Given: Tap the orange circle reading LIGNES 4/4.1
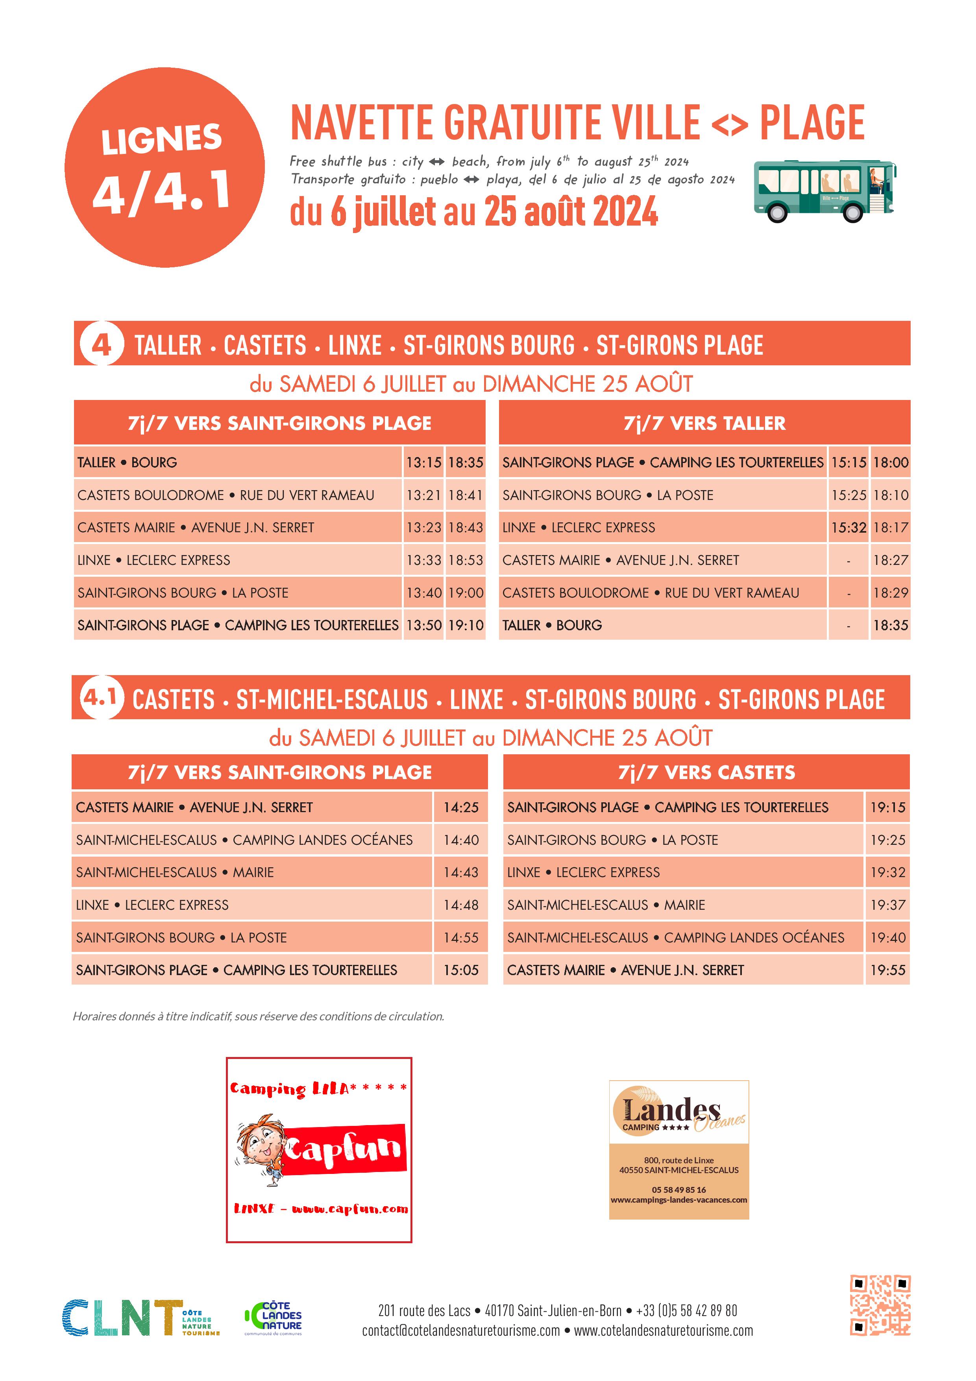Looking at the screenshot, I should (x=164, y=167).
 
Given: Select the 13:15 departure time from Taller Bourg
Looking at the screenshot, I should (x=423, y=463).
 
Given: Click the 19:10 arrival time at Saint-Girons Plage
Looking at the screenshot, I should (x=466, y=625).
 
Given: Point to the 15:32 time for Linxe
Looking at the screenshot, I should (x=848, y=528).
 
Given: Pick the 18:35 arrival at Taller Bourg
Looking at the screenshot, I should (x=891, y=625).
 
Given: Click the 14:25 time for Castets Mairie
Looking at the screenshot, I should (x=460, y=807).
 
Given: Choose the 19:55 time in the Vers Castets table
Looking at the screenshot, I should (x=887, y=970).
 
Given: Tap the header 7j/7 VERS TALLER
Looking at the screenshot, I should (x=704, y=423).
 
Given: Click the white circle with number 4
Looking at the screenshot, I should (x=101, y=344).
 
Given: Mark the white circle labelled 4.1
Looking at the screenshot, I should (x=100, y=698).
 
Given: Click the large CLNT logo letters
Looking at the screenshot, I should (x=123, y=1317).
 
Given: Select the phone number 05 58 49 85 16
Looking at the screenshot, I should (x=678, y=1190).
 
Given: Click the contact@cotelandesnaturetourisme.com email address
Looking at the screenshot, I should (x=460, y=1331).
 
